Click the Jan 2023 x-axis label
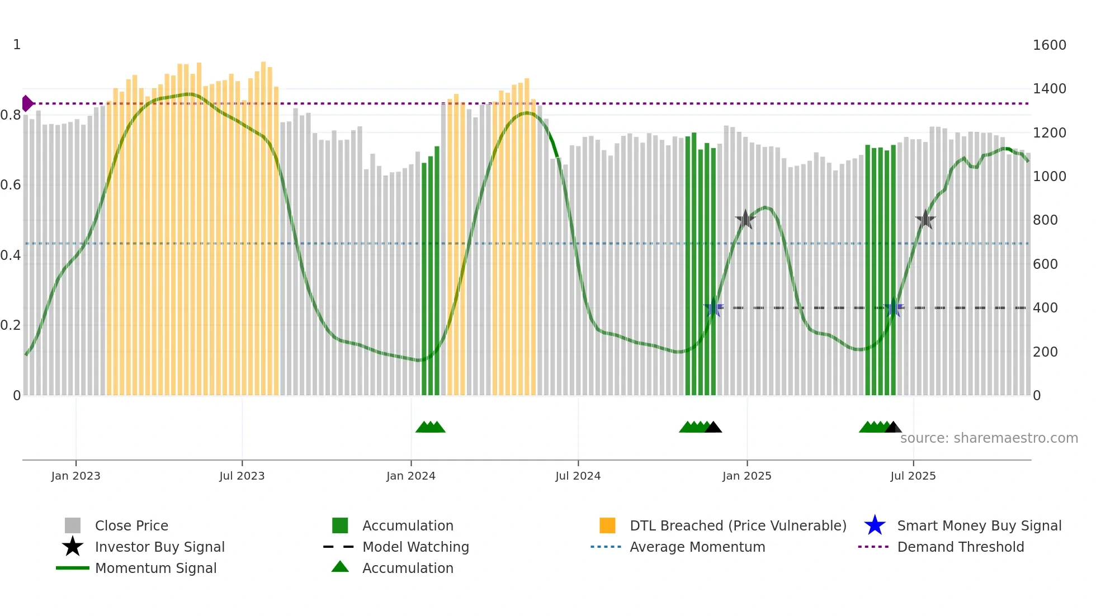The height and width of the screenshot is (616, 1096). (75, 476)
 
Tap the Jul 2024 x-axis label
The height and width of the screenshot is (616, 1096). (578, 476)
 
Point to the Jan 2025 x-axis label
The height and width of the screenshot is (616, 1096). (747, 476)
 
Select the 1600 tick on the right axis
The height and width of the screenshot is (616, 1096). (1049, 45)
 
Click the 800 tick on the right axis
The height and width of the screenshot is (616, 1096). (1045, 220)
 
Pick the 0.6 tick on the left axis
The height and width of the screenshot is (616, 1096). (11, 185)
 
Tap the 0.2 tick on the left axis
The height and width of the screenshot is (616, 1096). (11, 325)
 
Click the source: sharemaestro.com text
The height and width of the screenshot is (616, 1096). (989, 438)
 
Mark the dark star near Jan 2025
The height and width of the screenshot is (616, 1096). (745, 220)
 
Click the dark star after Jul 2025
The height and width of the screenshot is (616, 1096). (925, 220)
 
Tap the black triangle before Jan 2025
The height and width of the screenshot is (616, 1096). (713, 428)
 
